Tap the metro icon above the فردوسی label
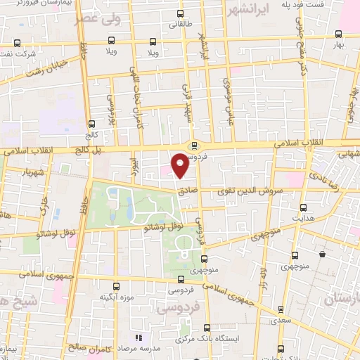(193, 146)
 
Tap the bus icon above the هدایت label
(303, 208)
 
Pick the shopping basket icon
(322, 255)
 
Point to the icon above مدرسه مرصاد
(138, 339)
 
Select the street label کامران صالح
(88, 347)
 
